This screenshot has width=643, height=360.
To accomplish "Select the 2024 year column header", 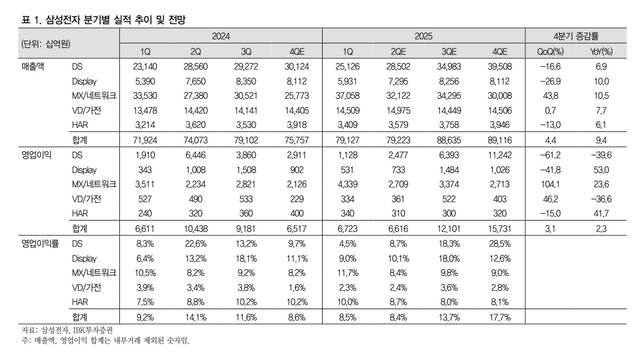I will click(221, 36).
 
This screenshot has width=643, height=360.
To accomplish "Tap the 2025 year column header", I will click(423, 36).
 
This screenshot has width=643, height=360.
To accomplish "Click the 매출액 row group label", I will click(33, 67).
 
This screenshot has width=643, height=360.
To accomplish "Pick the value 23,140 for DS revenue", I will click(144, 67).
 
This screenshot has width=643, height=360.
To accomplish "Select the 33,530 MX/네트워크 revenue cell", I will click(144, 96).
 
